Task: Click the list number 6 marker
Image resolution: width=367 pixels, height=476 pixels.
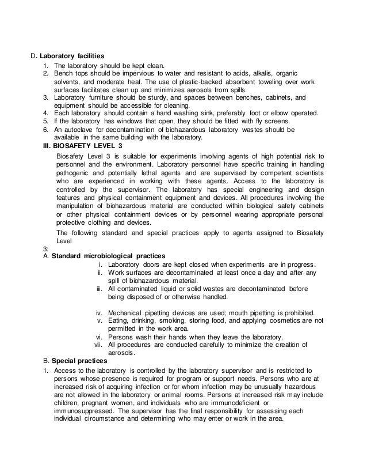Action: pyautogui.click(x=46, y=130)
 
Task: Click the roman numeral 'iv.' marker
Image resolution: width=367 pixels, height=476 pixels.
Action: pyautogui.click(x=98, y=311)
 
